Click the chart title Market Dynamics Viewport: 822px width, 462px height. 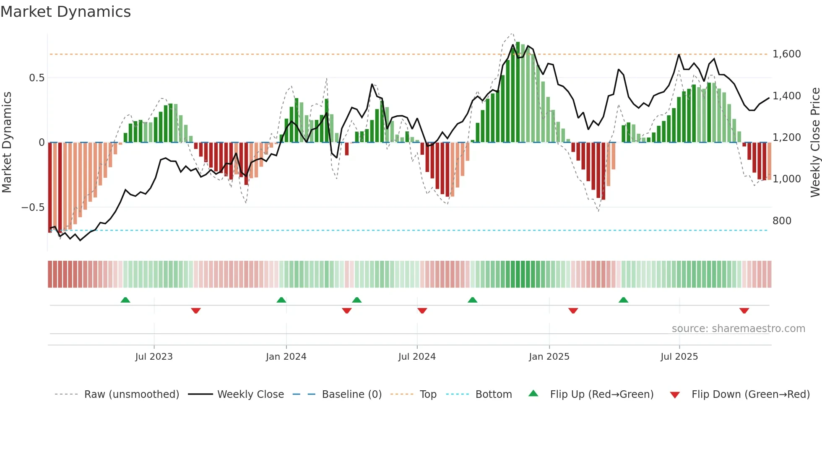[x=65, y=12]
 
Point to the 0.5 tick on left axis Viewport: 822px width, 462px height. [x=36, y=78]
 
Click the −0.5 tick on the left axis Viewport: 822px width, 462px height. [x=33, y=208]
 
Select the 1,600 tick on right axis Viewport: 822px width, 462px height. [x=786, y=54]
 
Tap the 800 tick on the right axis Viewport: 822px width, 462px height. [x=782, y=221]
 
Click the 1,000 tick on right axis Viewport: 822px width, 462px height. [x=786, y=179]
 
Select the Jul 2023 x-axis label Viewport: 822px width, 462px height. [x=154, y=357]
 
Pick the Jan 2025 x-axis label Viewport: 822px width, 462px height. [x=549, y=357]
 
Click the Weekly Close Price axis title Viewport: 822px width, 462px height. [x=815, y=142]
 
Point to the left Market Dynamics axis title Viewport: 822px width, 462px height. [x=7, y=142]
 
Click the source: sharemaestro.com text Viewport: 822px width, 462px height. [x=738, y=329]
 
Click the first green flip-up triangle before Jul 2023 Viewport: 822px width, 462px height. [x=125, y=300]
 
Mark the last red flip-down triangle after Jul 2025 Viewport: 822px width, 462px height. [x=744, y=311]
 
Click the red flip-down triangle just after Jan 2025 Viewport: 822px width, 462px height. [x=573, y=311]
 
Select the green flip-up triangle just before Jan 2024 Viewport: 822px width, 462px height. [x=281, y=300]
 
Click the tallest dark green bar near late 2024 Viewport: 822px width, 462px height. [x=518, y=92]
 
